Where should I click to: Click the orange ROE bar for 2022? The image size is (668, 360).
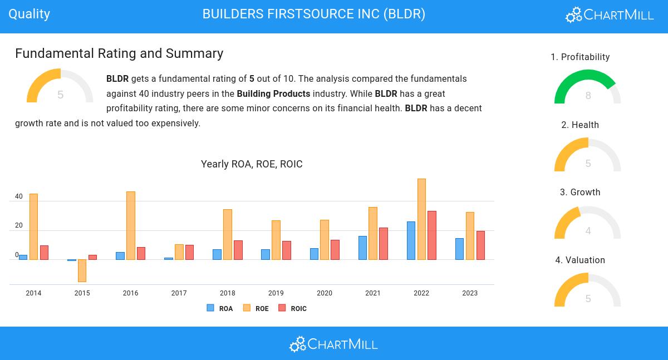point(421,219)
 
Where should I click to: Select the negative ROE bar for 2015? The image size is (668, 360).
point(82,270)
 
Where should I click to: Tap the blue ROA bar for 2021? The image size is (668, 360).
point(362,248)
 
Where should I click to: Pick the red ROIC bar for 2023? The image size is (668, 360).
point(480,245)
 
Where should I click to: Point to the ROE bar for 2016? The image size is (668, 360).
point(131,225)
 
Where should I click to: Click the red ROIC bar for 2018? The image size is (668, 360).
point(238,250)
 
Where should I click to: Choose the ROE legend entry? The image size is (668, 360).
point(256,308)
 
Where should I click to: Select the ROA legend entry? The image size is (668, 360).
point(220,308)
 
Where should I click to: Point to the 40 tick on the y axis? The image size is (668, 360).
point(19,196)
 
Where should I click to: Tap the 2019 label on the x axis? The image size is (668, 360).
point(276,293)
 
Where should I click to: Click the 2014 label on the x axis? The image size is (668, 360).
point(33,293)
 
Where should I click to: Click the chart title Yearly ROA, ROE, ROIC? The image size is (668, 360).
point(252,164)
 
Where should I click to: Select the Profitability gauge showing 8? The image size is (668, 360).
point(588,88)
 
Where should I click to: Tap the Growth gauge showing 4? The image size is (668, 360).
point(588,224)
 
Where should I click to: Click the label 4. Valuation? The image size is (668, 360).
point(580,260)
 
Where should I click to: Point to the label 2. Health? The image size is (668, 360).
point(580,125)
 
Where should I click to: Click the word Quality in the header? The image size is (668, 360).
point(29,14)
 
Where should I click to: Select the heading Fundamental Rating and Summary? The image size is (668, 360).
point(119,53)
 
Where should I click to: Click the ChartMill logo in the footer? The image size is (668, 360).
point(333,344)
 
